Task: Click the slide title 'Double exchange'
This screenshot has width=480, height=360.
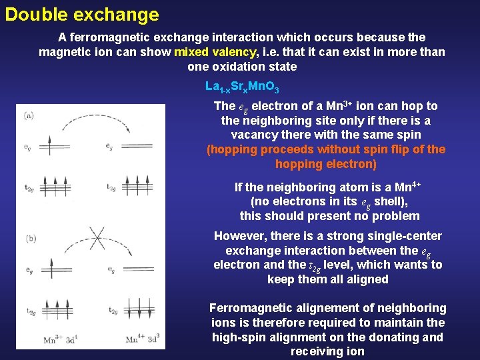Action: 82,15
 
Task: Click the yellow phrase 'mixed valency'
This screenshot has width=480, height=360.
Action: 215,52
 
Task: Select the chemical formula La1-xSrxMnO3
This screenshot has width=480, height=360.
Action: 242,87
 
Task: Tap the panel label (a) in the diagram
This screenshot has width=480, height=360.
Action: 29,115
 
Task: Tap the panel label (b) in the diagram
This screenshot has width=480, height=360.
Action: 30,238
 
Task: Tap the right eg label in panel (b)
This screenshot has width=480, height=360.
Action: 111,270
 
